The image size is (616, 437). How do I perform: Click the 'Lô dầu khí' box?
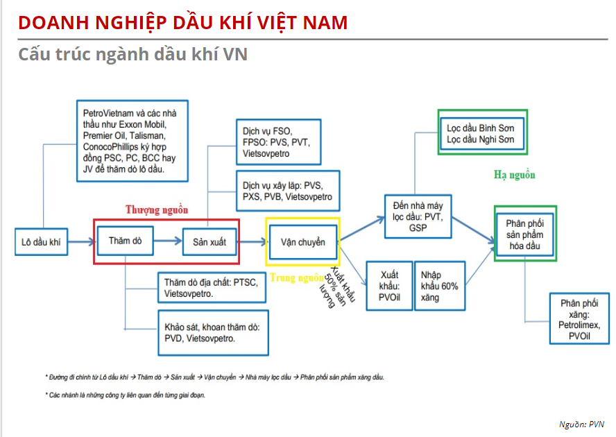click(41, 242)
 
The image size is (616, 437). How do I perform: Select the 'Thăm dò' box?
click(125, 241)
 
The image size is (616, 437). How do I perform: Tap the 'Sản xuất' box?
click(209, 242)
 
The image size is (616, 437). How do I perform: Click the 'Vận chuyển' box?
click(302, 242)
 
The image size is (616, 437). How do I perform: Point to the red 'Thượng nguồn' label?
click(157, 209)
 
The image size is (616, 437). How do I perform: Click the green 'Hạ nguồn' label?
click(514, 175)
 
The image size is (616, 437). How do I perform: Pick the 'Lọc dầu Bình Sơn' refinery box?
click(481, 132)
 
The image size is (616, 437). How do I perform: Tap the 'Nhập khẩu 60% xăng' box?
click(439, 284)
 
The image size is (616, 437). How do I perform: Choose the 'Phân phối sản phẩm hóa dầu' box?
click(525, 234)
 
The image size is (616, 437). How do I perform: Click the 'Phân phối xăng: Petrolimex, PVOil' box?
click(579, 318)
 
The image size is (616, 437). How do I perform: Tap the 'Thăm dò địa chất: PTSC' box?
click(212, 288)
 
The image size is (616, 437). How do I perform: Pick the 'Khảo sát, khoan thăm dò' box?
click(212, 332)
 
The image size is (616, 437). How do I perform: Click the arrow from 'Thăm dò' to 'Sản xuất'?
click(167, 241)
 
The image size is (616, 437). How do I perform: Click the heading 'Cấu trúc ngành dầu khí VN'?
click(132, 54)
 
